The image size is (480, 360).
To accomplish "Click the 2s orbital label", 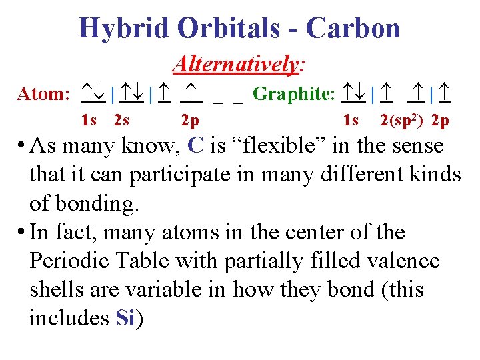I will [121, 121].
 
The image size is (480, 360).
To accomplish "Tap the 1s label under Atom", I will [89, 121].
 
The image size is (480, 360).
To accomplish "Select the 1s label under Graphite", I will [351, 121].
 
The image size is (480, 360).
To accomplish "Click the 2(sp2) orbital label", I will [403, 121].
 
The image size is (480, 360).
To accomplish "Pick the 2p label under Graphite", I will [440, 121].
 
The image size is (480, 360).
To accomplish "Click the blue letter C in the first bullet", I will [196, 145].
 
